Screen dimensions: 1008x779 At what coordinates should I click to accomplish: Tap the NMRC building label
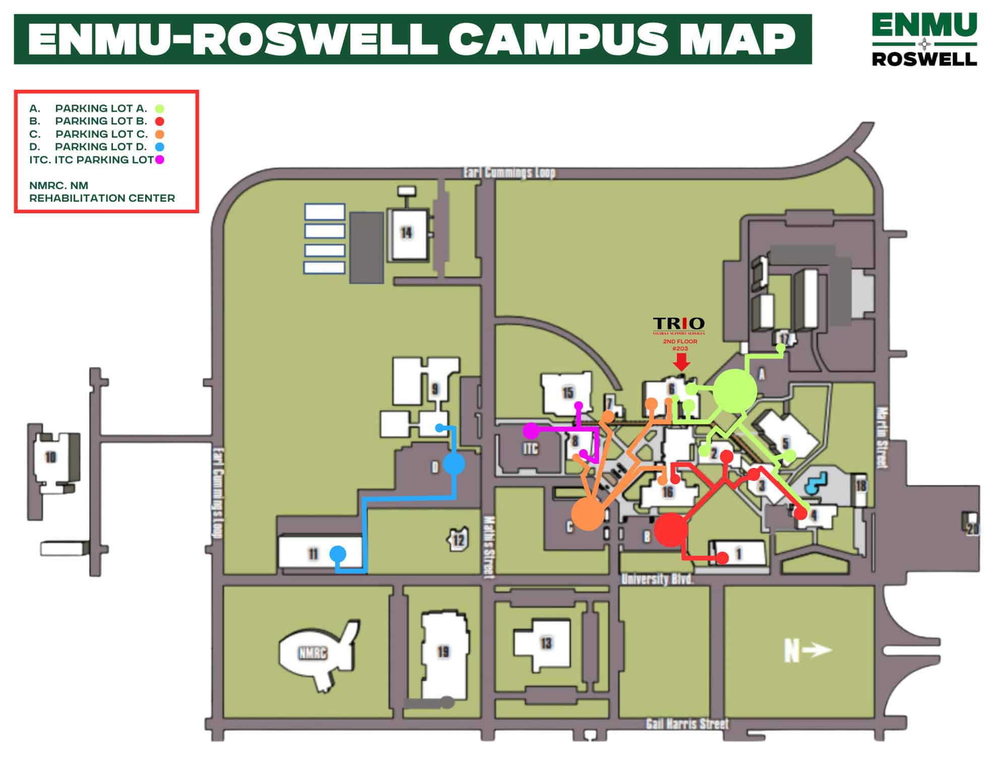[x=312, y=653]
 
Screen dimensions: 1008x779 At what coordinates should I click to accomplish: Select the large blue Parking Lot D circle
[x=454, y=464]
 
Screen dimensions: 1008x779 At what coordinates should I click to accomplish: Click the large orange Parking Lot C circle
[x=588, y=514]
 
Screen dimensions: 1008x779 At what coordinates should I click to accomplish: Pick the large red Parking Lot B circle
[x=671, y=530]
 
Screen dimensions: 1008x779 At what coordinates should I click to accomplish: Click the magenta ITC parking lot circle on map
[x=530, y=431]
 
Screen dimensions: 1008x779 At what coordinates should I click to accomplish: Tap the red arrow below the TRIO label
[x=681, y=362]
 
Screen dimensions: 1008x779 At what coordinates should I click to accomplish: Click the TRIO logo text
[x=678, y=323]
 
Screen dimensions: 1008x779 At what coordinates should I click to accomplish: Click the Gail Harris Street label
[x=687, y=725]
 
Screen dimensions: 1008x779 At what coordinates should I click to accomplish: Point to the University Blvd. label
[x=657, y=579]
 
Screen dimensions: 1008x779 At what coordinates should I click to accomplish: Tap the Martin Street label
[x=881, y=438]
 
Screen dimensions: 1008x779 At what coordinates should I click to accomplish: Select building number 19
[x=443, y=652]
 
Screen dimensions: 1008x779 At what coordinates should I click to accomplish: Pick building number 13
[x=546, y=643]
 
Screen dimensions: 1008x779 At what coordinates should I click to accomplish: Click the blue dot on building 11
[x=338, y=554]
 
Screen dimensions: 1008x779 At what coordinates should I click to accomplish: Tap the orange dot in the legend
[x=159, y=134]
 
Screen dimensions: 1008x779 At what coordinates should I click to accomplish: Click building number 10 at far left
[x=50, y=457]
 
